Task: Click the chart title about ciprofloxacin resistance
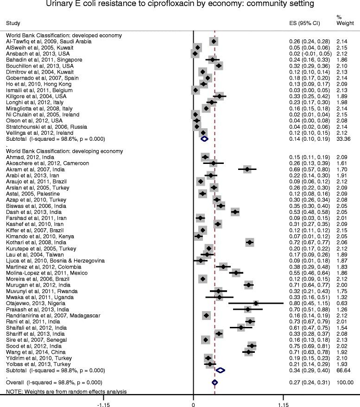[179, 5]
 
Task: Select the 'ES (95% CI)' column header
[303, 23]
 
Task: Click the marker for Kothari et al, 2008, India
[250, 242]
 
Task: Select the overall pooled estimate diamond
[215, 382]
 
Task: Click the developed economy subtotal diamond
[204, 138]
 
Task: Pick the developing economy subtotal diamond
[220, 370]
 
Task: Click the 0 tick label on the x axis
[193, 403]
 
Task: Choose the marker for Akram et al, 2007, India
[247, 169]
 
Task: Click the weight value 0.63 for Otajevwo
[345, 303]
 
